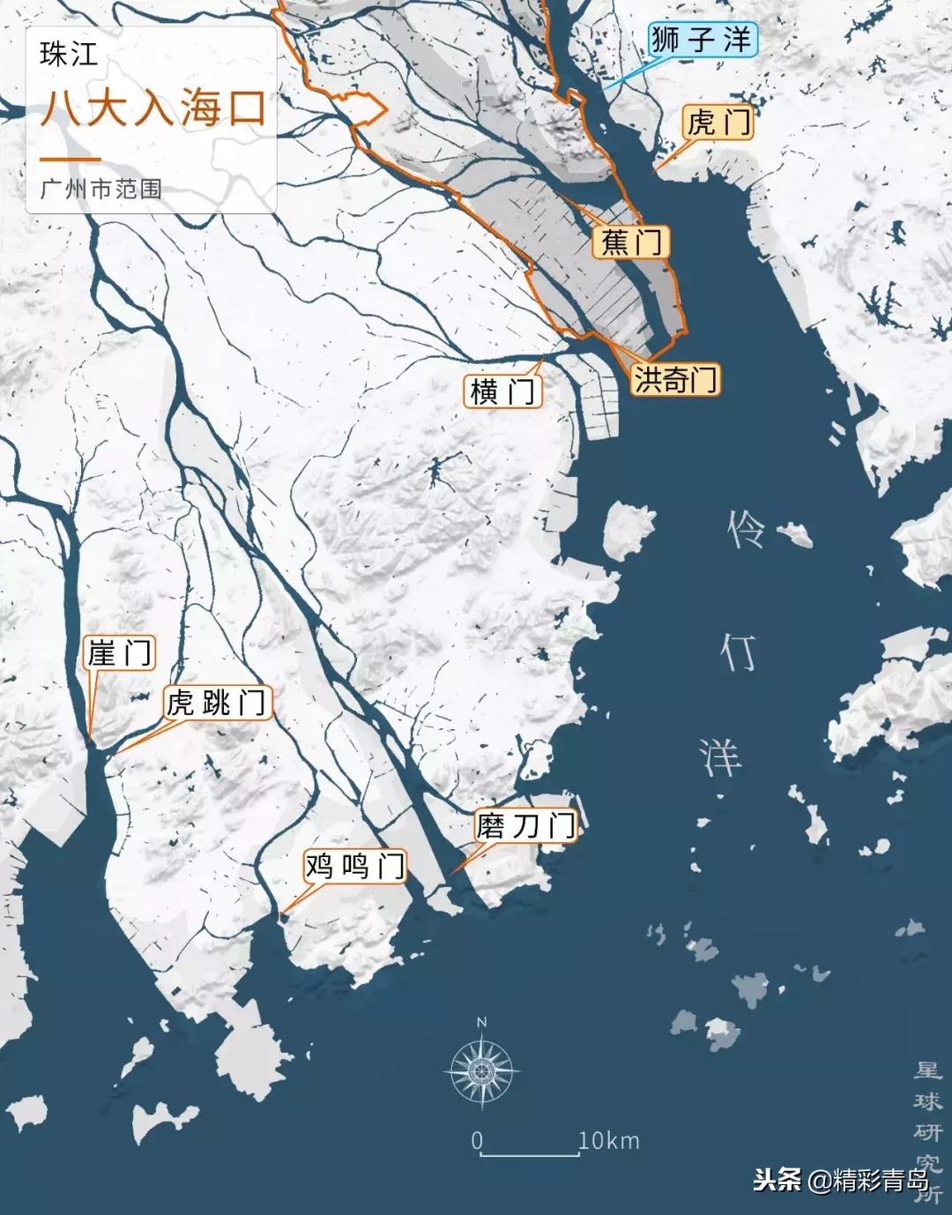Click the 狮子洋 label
[x=702, y=40]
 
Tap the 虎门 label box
[x=718, y=123]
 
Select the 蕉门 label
[x=631, y=242]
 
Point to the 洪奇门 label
[x=676, y=379]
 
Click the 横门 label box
[x=502, y=391]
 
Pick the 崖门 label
[x=119, y=653]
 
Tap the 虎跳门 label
[x=217, y=703]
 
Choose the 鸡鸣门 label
[x=354, y=866]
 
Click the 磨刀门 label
[x=526, y=825]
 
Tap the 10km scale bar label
[x=608, y=1140]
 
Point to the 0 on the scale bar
[x=477, y=1140]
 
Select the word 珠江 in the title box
[x=68, y=55]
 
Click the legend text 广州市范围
[x=100, y=189]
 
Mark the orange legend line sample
[x=70, y=160]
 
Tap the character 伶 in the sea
[x=745, y=531]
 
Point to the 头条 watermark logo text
[x=777, y=1180]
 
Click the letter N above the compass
[x=481, y=1023]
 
